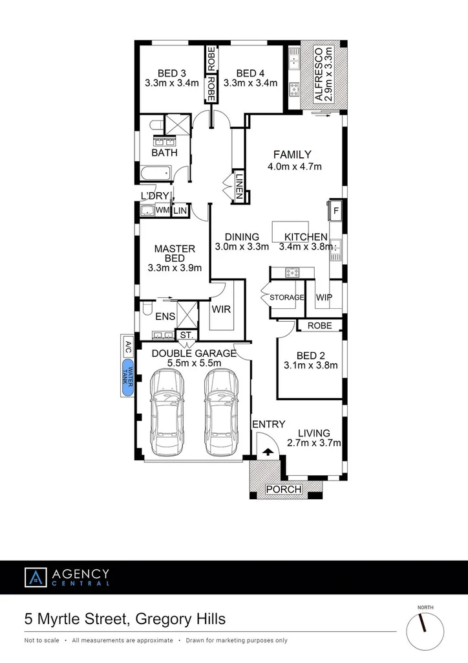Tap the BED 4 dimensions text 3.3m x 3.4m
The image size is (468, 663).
pos(250,83)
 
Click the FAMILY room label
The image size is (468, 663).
pos(292,155)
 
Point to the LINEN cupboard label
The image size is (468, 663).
pos(239,185)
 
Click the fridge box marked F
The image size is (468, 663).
pos(335,209)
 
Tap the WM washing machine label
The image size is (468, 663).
pos(162,210)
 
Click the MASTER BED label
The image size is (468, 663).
pos(175,253)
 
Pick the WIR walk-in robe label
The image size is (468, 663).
pos(222,309)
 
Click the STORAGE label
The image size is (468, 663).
pos(287,297)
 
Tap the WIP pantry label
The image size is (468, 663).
pos(324,297)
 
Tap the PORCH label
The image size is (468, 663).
pos(284,489)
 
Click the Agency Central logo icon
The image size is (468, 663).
pos(36,578)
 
